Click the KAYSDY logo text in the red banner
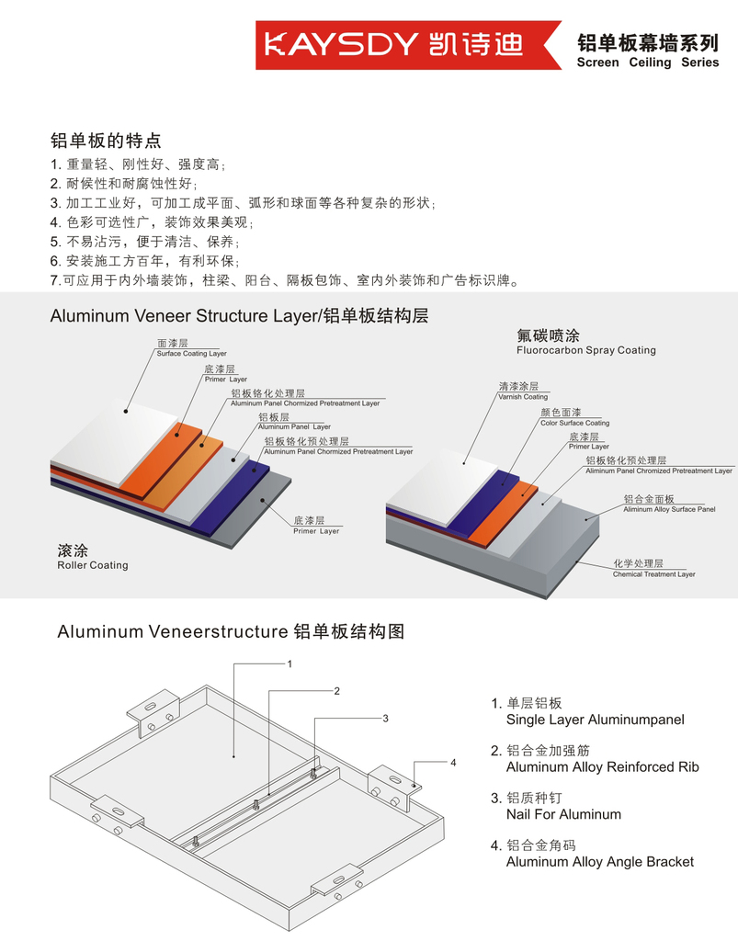click(344, 44)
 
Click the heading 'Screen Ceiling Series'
click(647, 62)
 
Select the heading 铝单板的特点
click(106, 141)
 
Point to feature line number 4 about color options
click(151, 222)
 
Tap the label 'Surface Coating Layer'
click(191, 354)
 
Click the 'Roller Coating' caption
click(92, 565)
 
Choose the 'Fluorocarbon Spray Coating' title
click(585, 350)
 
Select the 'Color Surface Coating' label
click(574, 424)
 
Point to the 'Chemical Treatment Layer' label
click(654, 574)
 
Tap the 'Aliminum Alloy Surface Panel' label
click(668, 509)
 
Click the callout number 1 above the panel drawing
click(290, 663)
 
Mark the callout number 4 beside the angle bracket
click(453, 762)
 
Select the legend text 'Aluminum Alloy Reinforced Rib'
click(602, 767)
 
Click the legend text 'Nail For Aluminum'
click(563, 814)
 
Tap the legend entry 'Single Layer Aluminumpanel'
click(595, 720)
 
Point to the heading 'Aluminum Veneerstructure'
click(173, 632)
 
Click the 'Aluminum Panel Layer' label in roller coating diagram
click(294, 427)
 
